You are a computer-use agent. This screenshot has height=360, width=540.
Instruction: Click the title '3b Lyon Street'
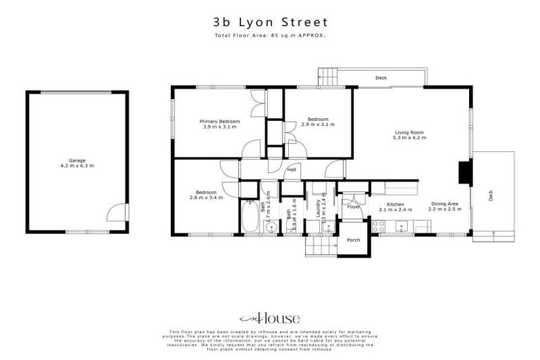pos(270,21)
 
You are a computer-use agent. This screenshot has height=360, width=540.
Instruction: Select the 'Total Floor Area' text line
pos(270,34)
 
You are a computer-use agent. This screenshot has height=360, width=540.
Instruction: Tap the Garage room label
pos(77,160)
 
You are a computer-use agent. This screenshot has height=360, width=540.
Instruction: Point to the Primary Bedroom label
pos(220,122)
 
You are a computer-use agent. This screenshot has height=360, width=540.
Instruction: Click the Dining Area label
pos(444,204)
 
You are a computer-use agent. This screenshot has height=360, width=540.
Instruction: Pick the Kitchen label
pos(394,204)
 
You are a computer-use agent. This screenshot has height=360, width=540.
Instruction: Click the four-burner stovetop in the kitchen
pos(378,226)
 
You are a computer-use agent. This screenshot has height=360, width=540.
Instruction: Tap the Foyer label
pos(353,207)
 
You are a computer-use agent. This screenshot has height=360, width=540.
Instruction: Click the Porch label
pos(353,240)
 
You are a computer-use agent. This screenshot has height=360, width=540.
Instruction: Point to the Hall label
pos(290,169)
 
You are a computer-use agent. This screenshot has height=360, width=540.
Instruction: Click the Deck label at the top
pos(380,78)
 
